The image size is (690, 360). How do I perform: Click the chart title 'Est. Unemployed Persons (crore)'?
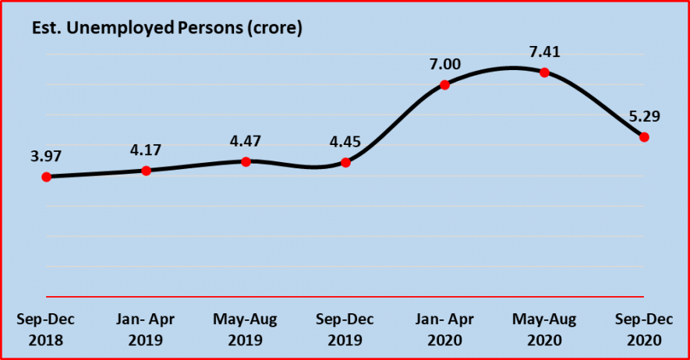tap(166, 29)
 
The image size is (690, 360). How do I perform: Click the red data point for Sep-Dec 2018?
tap(46, 177)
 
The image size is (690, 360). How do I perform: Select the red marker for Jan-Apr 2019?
tap(146, 171)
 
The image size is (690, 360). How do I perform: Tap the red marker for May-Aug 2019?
tap(246, 161)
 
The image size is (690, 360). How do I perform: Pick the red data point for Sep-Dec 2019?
tap(345, 162)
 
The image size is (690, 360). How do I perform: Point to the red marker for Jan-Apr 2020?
tap(444, 85)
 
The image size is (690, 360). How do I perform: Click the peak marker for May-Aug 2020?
tap(544, 72)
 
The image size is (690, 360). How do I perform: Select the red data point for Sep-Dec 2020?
tap(644, 137)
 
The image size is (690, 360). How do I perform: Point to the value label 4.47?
tap(246, 141)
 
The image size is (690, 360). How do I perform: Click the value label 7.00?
tap(444, 63)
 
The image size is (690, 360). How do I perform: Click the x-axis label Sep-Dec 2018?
tap(46, 330)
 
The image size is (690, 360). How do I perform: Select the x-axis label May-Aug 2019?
tap(246, 330)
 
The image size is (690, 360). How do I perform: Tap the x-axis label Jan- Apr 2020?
tap(444, 330)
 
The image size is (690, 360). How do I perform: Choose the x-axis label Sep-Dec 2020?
tap(644, 330)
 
